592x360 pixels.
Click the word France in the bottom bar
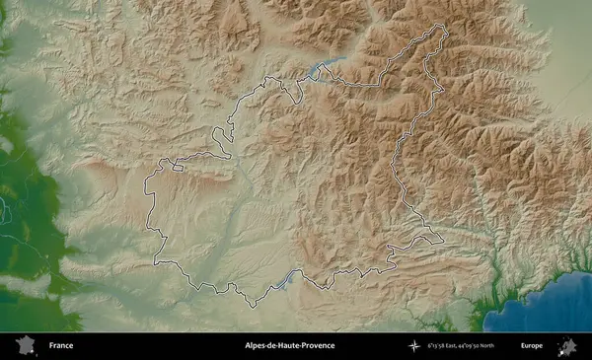tap(60, 346)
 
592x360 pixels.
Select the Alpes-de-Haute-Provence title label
tap(290, 346)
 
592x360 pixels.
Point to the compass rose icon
tap(417, 346)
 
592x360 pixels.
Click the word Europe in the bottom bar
tap(532, 346)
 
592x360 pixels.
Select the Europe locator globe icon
tap(567, 346)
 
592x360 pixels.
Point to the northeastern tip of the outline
tap(444, 29)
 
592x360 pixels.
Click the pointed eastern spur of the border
tap(440, 240)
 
